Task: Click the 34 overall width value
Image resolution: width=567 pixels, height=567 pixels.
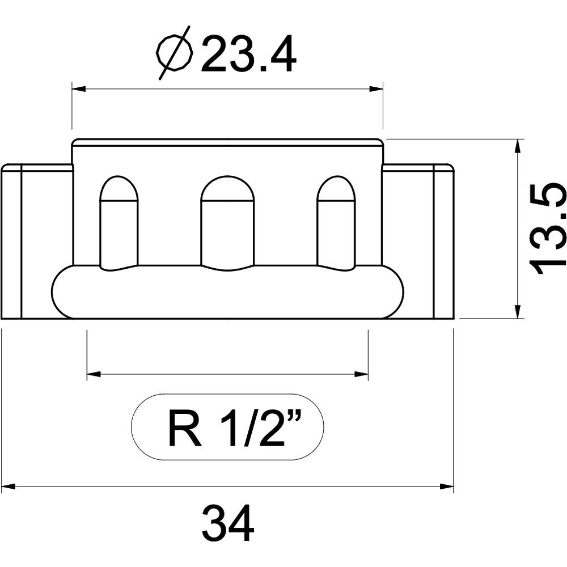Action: (x=228, y=524)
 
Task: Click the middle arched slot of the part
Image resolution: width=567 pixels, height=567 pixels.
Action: (x=228, y=221)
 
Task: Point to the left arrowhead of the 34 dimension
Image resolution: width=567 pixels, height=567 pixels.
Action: (x=8, y=486)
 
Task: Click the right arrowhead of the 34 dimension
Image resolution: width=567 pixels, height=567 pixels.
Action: (x=447, y=486)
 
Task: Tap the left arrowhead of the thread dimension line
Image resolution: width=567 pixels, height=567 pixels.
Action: (x=94, y=374)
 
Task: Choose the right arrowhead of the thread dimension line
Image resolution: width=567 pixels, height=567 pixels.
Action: (x=362, y=374)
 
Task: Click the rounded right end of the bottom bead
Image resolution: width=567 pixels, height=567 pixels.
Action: (x=395, y=291)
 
